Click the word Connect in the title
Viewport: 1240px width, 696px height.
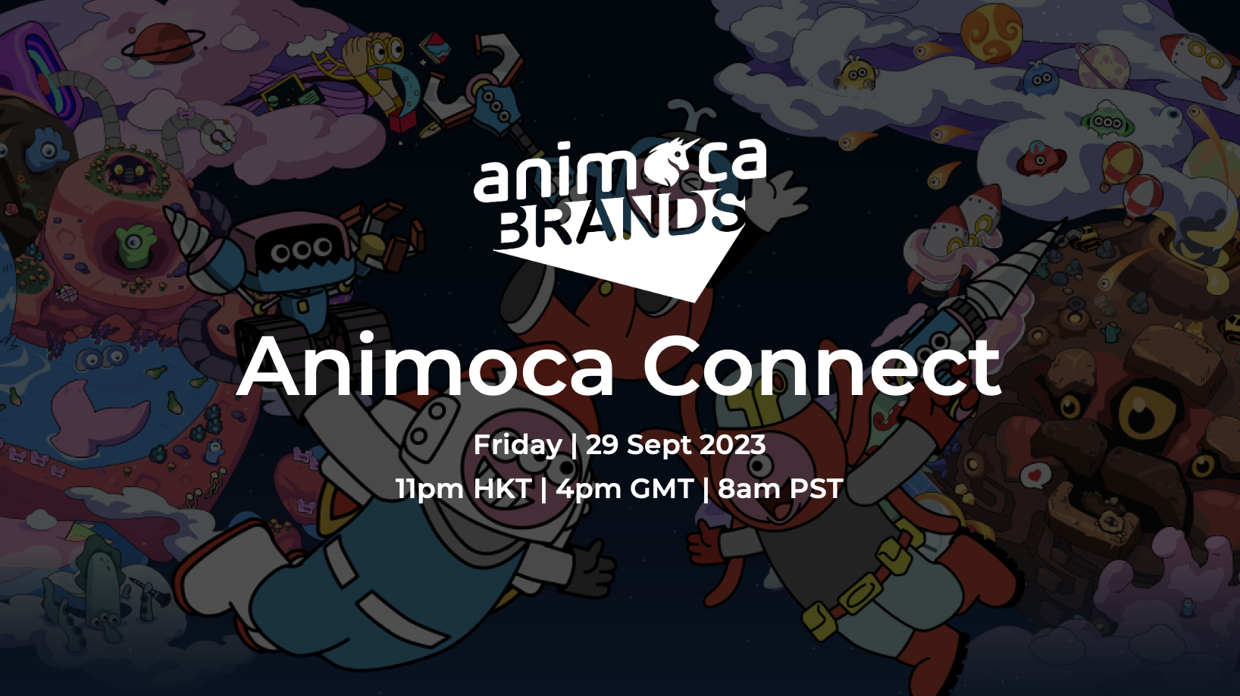pyautogui.click(x=822, y=366)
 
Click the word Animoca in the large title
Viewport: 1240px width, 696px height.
pyautogui.click(x=425, y=366)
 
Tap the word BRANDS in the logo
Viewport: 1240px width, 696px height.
pyautogui.click(x=621, y=221)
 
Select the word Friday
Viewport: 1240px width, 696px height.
pyautogui.click(x=517, y=444)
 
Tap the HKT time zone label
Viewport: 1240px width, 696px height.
pyautogui.click(x=502, y=489)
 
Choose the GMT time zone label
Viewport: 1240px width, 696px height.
pyautogui.click(x=661, y=489)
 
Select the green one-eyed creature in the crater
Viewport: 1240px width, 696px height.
pyautogui.click(x=133, y=247)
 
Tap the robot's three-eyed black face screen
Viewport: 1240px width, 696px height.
pyautogui.click(x=301, y=251)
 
